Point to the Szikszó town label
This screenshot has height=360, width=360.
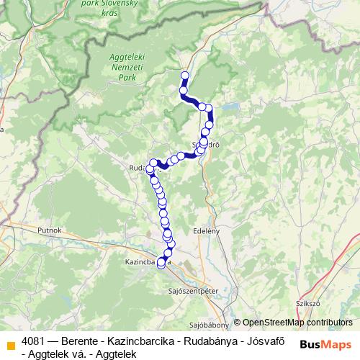click(307, 304)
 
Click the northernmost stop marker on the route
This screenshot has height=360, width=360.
click(184, 75)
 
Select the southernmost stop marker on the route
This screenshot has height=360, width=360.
click(161, 271)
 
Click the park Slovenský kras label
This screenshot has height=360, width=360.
click(120, 7)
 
